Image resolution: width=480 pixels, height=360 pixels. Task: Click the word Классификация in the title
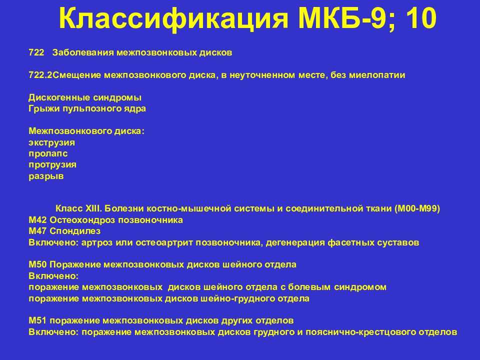[x=173, y=18]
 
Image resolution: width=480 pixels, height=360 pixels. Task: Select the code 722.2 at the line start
[x=40, y=75]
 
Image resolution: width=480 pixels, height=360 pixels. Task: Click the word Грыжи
[x=44, y=108]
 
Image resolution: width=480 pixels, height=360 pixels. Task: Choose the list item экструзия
[x=51, y=142]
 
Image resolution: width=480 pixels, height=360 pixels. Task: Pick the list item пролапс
[x=48, y=153]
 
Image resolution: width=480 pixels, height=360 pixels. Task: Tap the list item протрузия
[x=52, y=165]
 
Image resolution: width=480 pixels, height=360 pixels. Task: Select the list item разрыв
[x=46, y=176]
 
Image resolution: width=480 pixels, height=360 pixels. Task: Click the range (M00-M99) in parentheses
[x=417, y=209]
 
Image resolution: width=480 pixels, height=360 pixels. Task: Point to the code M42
[x=37, y=220]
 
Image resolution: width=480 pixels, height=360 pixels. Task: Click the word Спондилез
[x=75, y=231]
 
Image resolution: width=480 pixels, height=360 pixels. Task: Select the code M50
[x=37, y=264]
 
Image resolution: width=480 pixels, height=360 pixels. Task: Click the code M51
[x=37, y=320]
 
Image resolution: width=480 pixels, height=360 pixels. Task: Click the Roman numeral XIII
[x=93, y=209]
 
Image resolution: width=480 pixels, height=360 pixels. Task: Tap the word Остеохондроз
[x=82, y=220]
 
